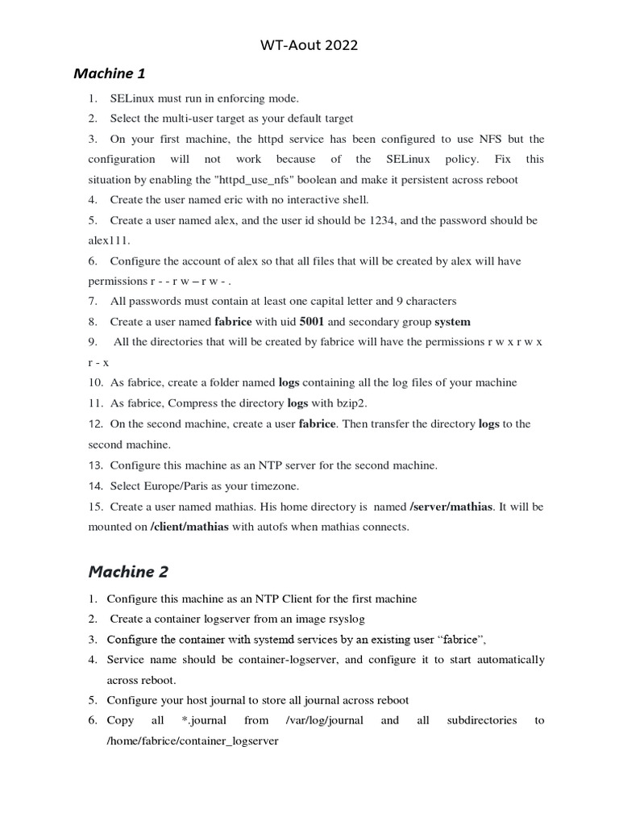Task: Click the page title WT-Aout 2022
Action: pos(309,45)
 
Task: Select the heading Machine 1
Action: pos(110,74)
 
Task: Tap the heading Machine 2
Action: pos(128,572)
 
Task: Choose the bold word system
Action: pos(452,321)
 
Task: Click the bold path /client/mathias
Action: pos(189,527)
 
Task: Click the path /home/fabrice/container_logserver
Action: pos(193,740)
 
